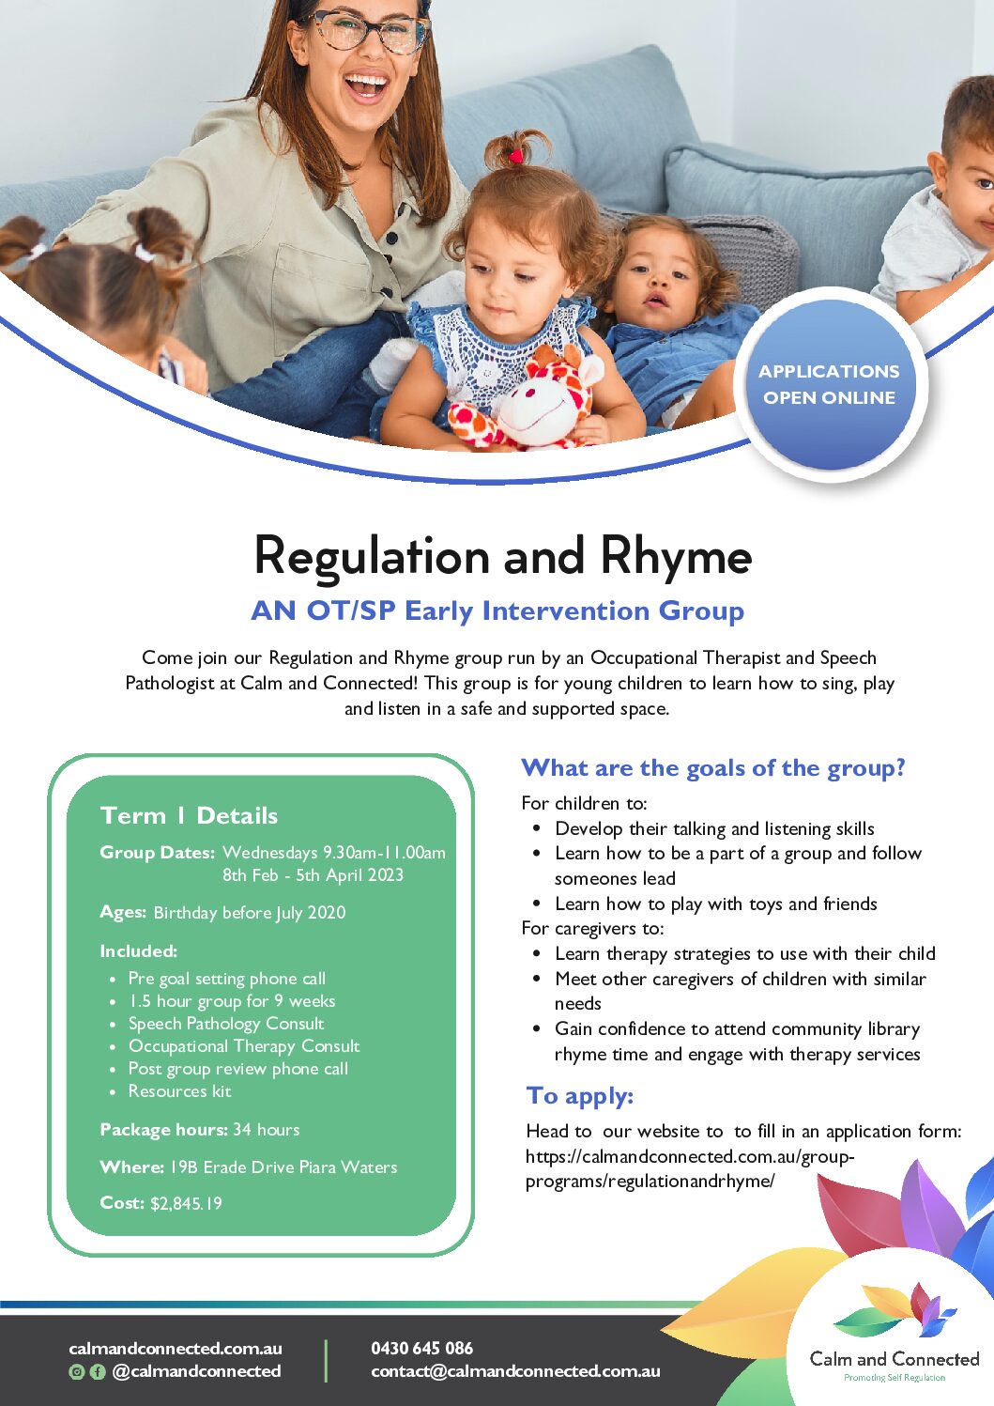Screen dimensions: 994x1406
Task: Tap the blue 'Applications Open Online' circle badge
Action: pyautogui.click(x=830, y=384)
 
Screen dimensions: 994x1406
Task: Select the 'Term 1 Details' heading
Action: pyautogui.click(x=189, y=815)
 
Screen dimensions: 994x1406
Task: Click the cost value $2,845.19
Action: pyautogui.click(x=186, y=1203)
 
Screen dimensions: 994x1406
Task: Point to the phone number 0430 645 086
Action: pyautogui.click(x=422, y=1349)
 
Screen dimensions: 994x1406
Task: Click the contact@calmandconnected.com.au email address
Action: pyautogui.click(x=515, y=1371)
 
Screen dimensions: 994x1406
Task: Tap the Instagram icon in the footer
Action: pyautogui.click(x=77, y=1372)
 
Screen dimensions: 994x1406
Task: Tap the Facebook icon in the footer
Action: pyautogui.click(x=98, y=1372)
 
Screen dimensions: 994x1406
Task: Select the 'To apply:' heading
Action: pyautogui.click(x=579, y=1095)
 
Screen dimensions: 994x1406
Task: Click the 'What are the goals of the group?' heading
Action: pyautogui.click(x=713, y=768)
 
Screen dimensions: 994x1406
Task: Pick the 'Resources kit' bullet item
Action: pyautogui.click(x=180, y=1091)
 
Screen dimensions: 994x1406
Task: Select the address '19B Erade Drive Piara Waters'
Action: pyautogui.click(x=283, y=1167)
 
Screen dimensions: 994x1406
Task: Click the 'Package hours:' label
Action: pyautogui.click(x=163, y=1130)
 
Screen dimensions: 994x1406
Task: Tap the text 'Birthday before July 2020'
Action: pyautogui.click(x=250, y=913)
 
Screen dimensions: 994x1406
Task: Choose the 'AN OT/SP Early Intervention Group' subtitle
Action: pyautogui.click(x=497, y=611)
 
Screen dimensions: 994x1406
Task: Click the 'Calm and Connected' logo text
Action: pyautogui.click(x=895, y=1359)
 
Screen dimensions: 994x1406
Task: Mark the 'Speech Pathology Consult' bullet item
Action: pyautogui.click(x=226, y=1024)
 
